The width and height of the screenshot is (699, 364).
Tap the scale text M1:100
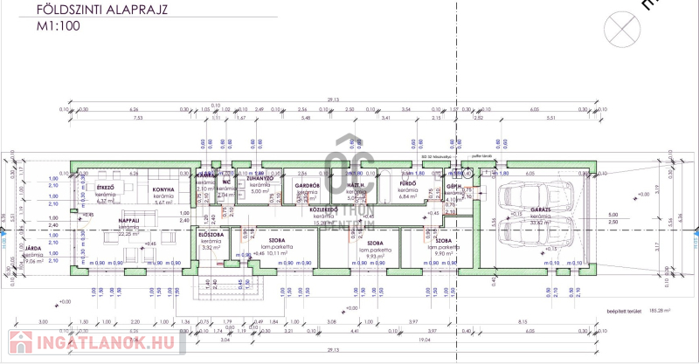pyautogui.click(x=58, y=28)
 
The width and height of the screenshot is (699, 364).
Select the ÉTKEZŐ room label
pyautogui.click(x=106, y=187)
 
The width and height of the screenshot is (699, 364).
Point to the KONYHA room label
pyautogui.click(x=164, y=189)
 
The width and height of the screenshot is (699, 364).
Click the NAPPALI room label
pyautogui.click(x=129, y=222)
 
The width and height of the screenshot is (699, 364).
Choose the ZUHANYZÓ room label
pyautogui.click(x=260, y=178)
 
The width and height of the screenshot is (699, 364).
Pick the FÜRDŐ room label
pyautogui.click(x=407, y=185)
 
